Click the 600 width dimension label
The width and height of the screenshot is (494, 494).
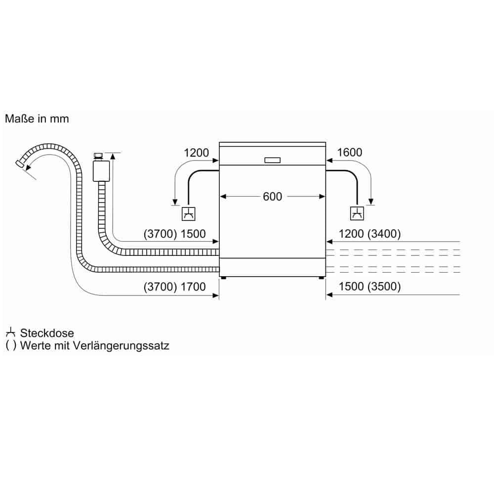(272, 197)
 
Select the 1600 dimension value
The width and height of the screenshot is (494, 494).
(349, 153)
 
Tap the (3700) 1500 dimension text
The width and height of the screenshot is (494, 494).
(174, 234)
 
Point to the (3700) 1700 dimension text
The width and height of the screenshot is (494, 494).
(174, 287)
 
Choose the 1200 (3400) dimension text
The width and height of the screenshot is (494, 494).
(370, 234)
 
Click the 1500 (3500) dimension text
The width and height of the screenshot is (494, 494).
(370, 287)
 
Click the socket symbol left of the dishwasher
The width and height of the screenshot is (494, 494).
(188, 214)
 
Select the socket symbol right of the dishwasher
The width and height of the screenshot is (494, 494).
(357, 213)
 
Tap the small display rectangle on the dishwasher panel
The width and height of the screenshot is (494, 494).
(272, 160)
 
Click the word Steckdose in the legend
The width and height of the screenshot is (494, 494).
(47, 333)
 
